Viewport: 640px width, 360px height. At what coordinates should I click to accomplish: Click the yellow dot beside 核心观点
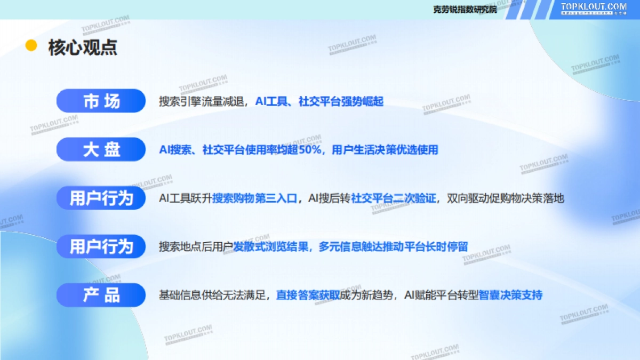[31, 46]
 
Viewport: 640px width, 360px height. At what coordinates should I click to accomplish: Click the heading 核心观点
[83, 47]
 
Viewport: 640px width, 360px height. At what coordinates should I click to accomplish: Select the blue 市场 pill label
[101, 101]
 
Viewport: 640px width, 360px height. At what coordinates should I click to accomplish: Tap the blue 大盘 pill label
[101, 150]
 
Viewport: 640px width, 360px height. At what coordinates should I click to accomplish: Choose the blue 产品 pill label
[101, 295]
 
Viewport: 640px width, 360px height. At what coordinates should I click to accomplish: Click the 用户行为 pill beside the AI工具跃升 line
[101, 198]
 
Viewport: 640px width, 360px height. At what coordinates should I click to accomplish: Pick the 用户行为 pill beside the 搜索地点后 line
[101, 247]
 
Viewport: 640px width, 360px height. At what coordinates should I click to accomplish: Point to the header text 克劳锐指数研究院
[465, 10]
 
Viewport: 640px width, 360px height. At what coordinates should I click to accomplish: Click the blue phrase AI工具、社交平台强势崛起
[319, 101]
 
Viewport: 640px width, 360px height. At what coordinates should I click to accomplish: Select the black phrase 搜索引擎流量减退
[202, 101]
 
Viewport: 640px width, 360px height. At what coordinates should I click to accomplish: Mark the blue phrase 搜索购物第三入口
[254, 198]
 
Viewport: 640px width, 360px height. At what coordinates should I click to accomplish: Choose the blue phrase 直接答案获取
[308, 295]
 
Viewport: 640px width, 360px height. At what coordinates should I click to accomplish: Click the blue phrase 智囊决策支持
[510, 295]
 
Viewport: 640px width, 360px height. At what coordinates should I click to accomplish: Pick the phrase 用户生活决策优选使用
[385, 150]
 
